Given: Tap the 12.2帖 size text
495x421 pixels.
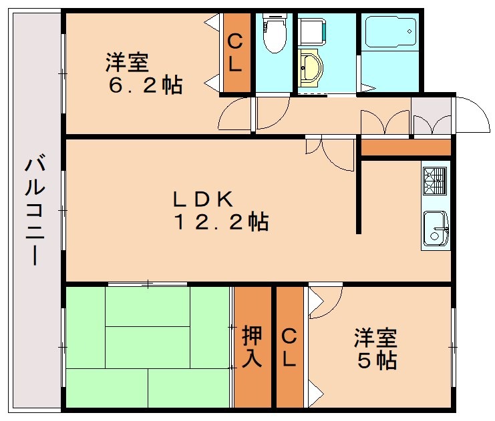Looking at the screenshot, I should [x=222, y=221].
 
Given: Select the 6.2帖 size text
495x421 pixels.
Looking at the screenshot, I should [x=146, y=85].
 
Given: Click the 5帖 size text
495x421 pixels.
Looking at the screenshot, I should [x=377, y=361].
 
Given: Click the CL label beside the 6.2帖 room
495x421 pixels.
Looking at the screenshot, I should [x=236, y=53].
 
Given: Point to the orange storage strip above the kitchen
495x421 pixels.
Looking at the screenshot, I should [x=405, y=147].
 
